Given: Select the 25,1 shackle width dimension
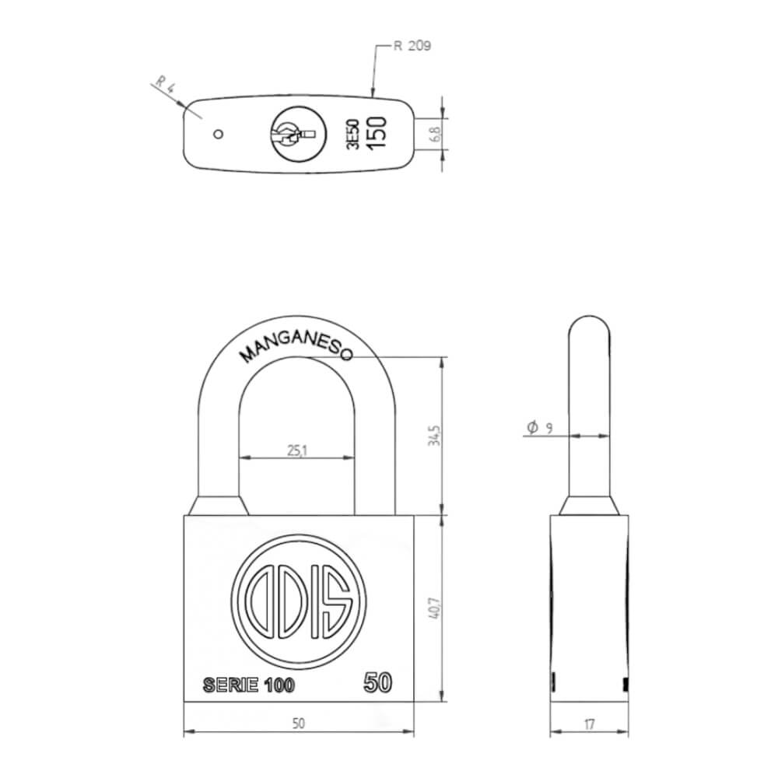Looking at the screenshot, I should click(295, 449).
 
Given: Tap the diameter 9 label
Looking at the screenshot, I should click(539, 427).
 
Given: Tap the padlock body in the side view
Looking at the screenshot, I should click(590, 607).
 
